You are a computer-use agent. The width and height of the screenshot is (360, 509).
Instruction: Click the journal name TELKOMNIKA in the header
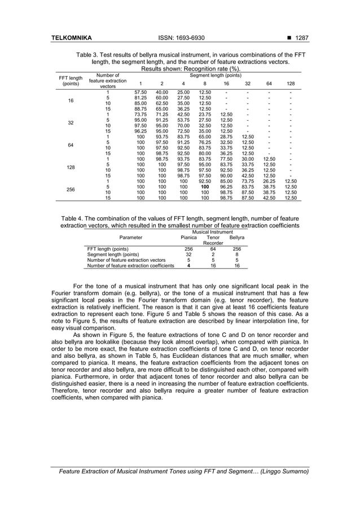pos(71,38)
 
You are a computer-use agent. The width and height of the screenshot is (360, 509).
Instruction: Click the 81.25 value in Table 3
pos(141,97)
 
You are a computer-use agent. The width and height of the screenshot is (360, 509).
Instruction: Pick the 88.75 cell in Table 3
pos(141,108)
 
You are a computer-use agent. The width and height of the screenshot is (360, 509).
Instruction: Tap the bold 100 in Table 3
pos(205,186)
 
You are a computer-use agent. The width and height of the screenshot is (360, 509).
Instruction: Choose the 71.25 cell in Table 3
pos(162,114)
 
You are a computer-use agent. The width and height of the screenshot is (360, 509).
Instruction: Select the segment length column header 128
pos(290,83)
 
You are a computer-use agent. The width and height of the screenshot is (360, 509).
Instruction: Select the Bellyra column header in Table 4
pos(236,238)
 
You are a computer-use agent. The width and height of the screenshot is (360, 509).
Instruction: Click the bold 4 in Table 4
pos(188,265)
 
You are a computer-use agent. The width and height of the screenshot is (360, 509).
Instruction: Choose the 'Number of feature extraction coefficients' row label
pos(130,265)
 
